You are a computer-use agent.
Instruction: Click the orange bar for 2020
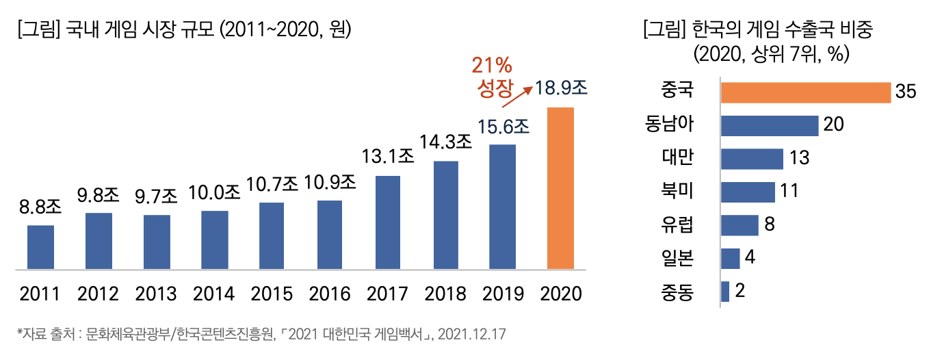click(x=560, y=188)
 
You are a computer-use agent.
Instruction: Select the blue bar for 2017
click(x=388, y=222)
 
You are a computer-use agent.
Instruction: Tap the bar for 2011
click(x=40, y=247)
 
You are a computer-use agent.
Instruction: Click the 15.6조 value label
click(x=503, y=127)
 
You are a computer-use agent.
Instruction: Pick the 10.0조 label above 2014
click(x=215, y=192)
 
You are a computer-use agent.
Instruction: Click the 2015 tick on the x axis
click(x=272, y=294)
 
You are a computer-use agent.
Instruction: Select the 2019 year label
click(x=503, y=294)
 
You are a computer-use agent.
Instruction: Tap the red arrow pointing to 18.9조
click(x=517, y=96)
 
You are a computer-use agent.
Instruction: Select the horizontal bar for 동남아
click(x=770, y=126)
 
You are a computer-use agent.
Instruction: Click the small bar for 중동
click(x=725, y=292)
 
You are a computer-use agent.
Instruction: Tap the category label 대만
click(x=677, y=158)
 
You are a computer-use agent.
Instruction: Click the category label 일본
click(x=677, y=259)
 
